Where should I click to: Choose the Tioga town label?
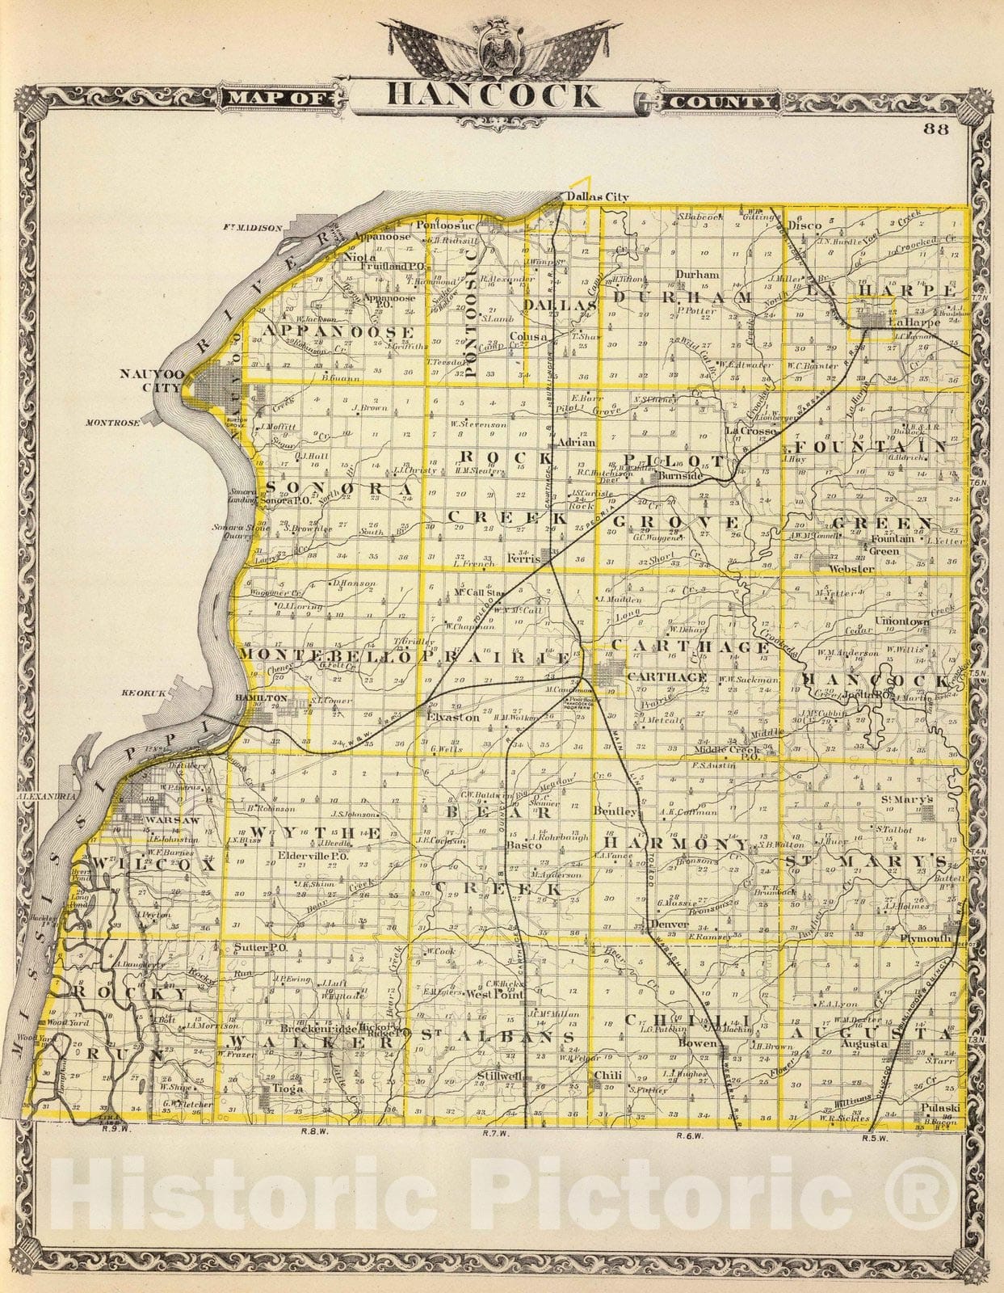288,1089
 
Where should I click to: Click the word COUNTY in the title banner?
720,103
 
